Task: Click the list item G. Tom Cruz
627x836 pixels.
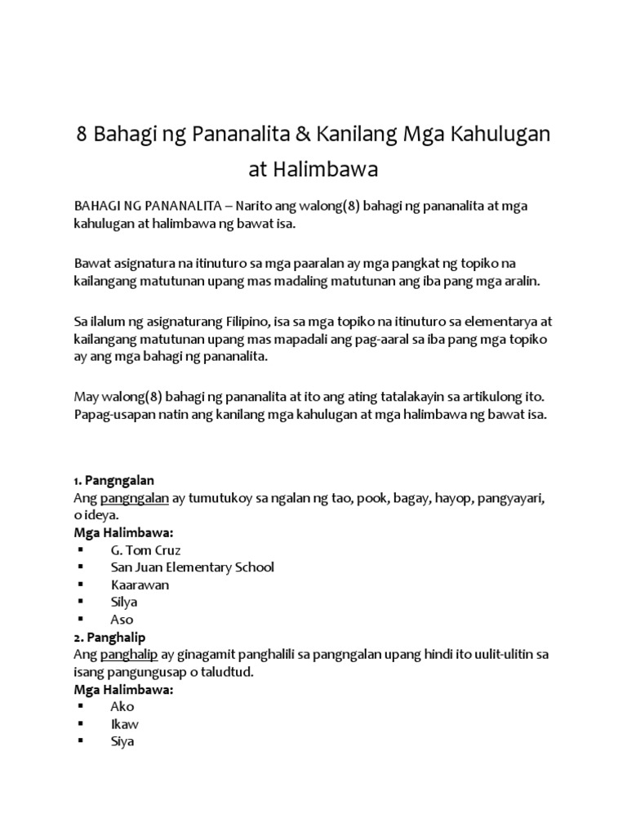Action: tap(145, 549)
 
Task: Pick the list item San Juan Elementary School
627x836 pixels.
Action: tap(193, 567)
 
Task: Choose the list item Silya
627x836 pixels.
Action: tap(124, 602)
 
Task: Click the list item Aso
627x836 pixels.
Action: tap(122, 620)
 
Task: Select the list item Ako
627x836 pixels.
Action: tap(122, 706)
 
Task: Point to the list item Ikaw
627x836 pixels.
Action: tap(123, 724)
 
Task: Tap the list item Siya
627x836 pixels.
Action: tap(122, 742)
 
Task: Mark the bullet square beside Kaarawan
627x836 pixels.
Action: tap(81, 585)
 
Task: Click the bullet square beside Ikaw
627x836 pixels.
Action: tap(81, 724)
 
